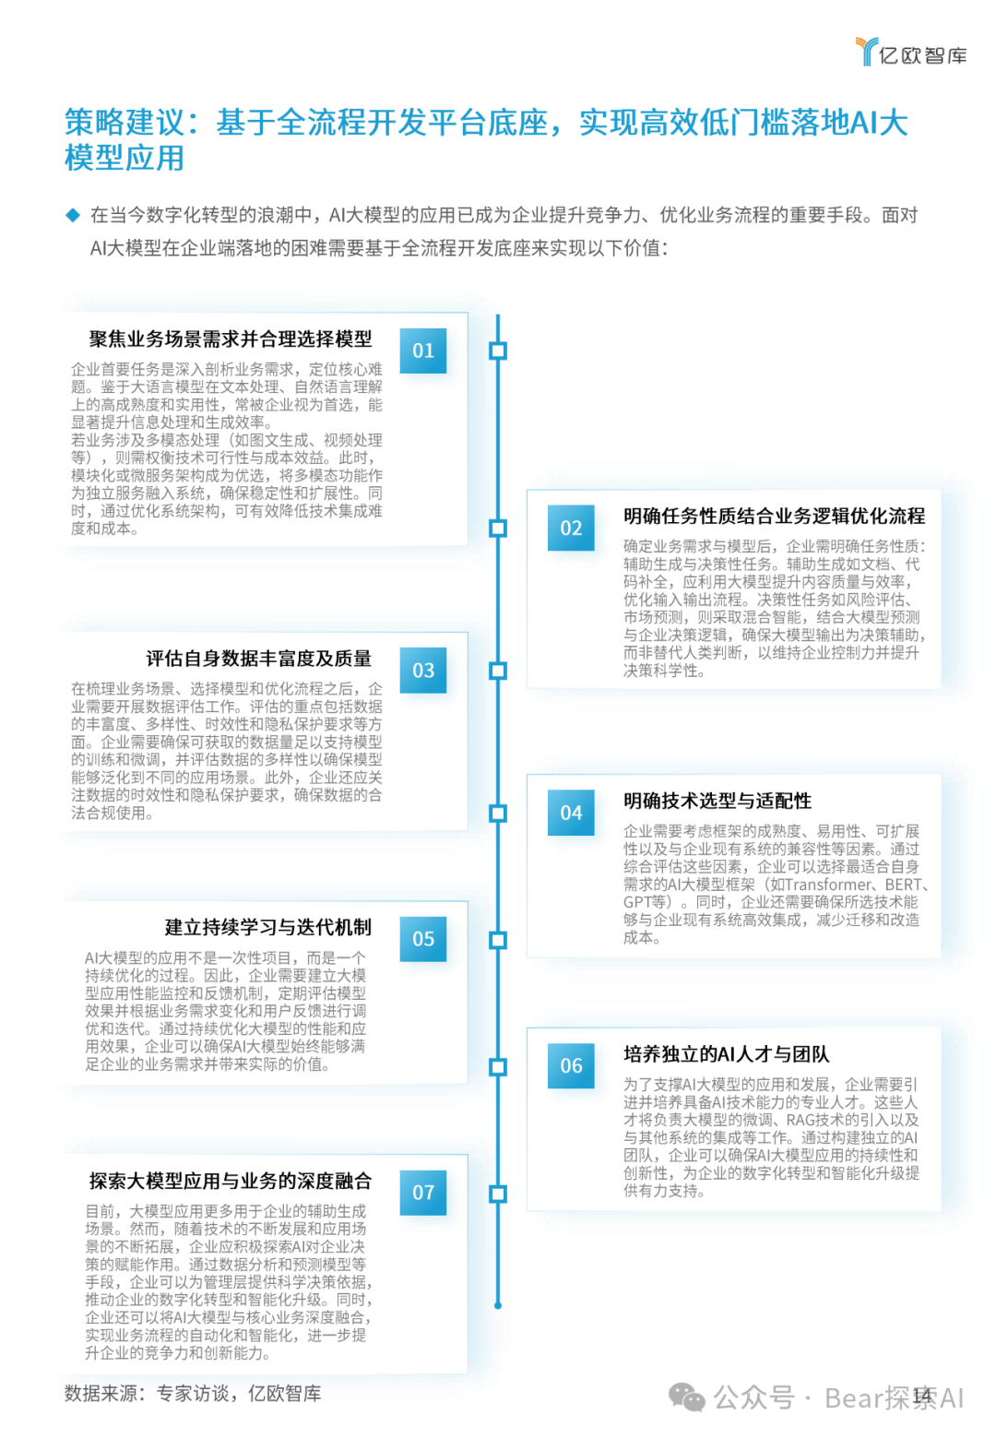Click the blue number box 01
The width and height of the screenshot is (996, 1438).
(423, 351)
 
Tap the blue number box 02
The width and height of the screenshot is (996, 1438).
(571, 529)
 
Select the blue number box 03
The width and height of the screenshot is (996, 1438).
(423, 671)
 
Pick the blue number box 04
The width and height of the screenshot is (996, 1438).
(571, 813)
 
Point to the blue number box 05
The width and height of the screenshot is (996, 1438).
(423, 939)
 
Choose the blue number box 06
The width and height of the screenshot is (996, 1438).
(571, 1066)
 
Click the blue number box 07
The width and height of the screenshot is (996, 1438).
(423, 1193)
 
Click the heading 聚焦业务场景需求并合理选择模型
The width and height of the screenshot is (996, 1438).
(231, 339)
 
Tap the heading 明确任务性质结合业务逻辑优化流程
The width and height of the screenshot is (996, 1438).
(774, 517)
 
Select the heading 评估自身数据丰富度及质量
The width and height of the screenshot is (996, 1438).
(258, 659)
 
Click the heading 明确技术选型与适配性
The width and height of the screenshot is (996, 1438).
(717, 801)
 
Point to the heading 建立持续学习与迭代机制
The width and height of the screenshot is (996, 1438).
(267, 927)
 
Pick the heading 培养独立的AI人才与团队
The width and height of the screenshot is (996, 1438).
(726, 1054)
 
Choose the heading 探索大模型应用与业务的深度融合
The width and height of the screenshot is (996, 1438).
(231, 1181)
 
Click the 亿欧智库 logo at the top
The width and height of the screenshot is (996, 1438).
(911, 53)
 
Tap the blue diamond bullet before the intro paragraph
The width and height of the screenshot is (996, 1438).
(73, 216)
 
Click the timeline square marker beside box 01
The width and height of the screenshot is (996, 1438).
(498, 351)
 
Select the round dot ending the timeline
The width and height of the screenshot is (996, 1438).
(498, 1306)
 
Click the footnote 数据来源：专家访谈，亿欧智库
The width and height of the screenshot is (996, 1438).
(193, 1394)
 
